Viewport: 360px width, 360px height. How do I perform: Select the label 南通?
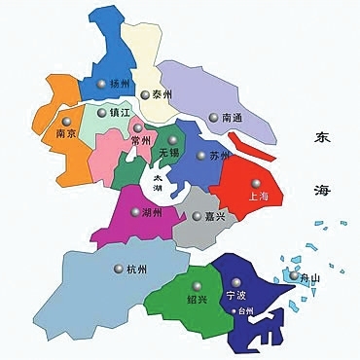coord(234,118)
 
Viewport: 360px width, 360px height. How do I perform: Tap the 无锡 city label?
coord(169,153)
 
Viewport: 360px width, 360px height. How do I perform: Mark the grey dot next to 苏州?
coord(201,155)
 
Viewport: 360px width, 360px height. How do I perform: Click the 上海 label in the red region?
coord(261,196)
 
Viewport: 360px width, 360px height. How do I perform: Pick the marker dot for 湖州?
coord(135,211)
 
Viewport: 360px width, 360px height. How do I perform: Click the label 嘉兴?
coord(215,216)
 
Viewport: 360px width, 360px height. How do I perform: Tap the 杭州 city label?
coord(136,269)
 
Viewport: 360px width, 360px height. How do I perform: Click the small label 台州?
coord(245,310)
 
